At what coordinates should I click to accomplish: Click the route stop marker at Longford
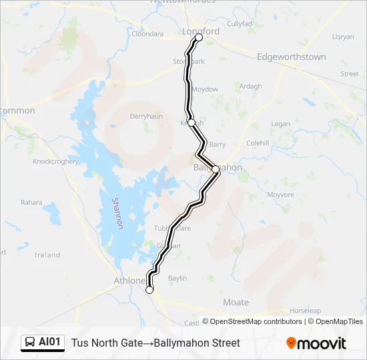tap(198, 38)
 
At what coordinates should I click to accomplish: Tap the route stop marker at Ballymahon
tap(216, 169)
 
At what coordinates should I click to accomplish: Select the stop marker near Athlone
tap(149, 290)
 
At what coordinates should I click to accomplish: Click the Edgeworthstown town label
tap(292, 57)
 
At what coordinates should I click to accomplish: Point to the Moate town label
tap(236, 302)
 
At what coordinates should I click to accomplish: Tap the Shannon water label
tap(117, 213)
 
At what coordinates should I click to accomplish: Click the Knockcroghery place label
tap(55, 162)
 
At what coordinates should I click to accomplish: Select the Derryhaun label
tap(146, 116)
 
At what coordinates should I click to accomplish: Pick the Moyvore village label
tap(280, 195)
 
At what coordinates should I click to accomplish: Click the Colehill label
tap(258, 143)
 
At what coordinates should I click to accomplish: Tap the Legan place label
tap(281, 124)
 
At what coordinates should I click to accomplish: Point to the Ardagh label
tap(250, 87)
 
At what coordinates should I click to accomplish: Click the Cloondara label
tap(147, 34)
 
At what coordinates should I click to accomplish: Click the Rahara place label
tap(31, 203)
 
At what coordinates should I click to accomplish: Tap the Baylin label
tap(177, 278)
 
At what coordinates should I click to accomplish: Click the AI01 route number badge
tap(43, 343)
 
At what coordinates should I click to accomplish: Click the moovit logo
tap(316, 343)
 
